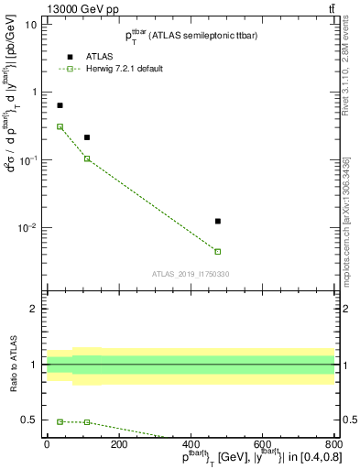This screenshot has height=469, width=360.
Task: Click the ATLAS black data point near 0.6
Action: point(60,105)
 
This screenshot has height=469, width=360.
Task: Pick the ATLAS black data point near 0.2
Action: point(87,137)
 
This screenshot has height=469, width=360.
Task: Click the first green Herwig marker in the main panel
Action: point(60,126)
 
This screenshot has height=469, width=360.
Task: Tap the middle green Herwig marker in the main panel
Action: point(87,158)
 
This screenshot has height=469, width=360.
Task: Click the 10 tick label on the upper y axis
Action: point(31,25)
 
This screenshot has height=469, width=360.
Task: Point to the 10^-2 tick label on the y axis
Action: point(27,227)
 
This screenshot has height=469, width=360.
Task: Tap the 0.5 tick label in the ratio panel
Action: point(29,420)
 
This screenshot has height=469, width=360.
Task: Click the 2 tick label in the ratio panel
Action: point(34,309)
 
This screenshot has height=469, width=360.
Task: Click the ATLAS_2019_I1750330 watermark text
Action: point(191,274)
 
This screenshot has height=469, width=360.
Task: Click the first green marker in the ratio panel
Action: point(60,421)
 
